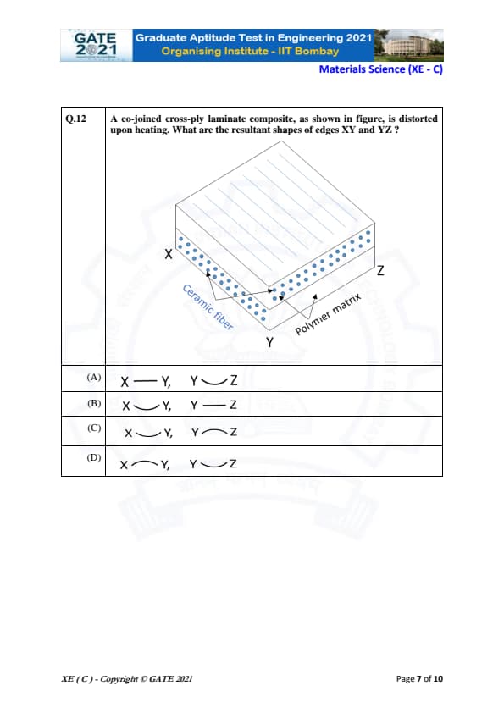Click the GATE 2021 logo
96,45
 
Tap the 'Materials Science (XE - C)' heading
380,69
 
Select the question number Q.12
75,119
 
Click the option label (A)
94,377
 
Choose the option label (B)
94,403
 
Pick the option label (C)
94,428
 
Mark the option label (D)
94,457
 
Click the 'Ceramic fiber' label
208,307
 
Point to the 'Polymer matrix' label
328,314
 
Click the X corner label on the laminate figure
169,254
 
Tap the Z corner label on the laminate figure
380,271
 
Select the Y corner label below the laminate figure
269,342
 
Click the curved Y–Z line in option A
214,383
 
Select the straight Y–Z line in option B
213,405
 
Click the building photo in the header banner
408,45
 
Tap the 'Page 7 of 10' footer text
419,679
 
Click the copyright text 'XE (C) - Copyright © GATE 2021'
127,679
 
